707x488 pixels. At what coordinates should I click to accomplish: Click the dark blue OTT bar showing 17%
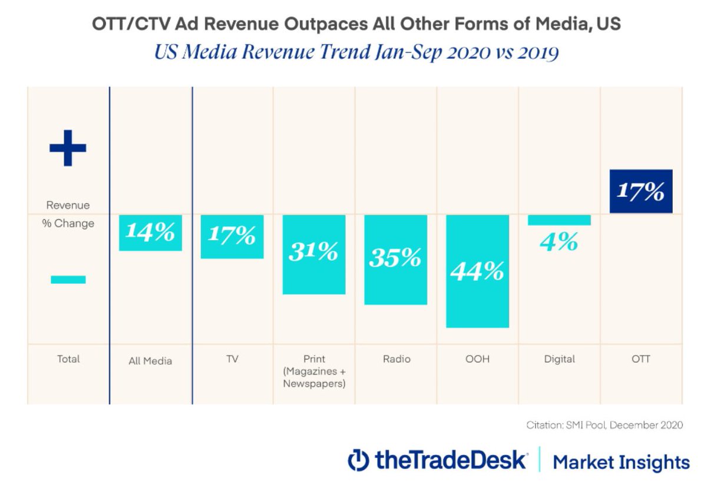pos(640,191)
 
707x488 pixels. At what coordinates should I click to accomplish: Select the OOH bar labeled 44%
pos(477,271)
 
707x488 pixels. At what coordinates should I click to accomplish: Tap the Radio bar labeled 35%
pos(395,260)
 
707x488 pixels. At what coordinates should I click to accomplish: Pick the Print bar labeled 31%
pos(313,254)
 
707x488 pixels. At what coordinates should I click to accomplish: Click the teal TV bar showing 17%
pos(232,237)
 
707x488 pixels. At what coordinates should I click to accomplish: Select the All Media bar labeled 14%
pos(150,233)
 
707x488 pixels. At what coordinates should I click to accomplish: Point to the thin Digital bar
pos(559,220)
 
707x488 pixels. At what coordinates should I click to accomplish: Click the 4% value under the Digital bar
pos(559,242)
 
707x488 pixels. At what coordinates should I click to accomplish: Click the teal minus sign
pos(68,280)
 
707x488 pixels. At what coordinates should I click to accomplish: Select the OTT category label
pos(641,358)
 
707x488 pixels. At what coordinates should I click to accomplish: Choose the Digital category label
pos(559,358)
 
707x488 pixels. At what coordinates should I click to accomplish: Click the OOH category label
pos(477,358)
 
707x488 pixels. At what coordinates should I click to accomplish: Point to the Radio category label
pos(396,358)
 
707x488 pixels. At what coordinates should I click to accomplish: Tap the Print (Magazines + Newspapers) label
pos(314,371)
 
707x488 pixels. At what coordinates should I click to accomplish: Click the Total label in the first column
pos(68,358)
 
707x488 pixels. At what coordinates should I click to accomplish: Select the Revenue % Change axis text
pos(68,214)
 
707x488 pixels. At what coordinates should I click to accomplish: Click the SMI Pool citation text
pos(604,425)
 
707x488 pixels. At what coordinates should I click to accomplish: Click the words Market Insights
pos(621,462)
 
